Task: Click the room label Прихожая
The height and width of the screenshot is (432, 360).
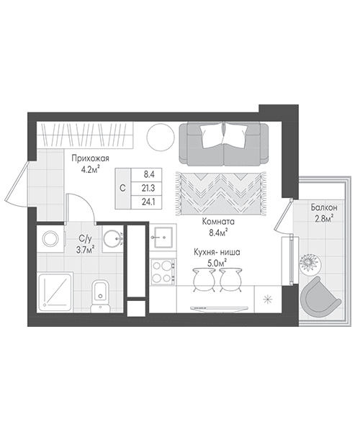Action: [90, 158]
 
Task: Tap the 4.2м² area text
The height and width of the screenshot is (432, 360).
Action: [90, 169]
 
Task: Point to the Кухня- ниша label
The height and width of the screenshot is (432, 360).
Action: [217, 252]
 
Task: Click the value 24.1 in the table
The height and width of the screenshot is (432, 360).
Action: [148, 202]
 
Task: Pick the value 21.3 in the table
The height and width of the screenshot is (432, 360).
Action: [148, 189]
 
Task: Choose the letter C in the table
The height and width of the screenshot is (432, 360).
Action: [123, 189]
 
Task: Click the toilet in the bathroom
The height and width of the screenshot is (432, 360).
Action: [100, 297]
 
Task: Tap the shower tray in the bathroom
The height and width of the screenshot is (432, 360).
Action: [55, 292]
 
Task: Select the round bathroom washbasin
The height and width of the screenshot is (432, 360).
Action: [112, 239]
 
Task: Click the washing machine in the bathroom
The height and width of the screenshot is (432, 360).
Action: [50, 238]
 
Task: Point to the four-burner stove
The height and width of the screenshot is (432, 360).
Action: [163, 272]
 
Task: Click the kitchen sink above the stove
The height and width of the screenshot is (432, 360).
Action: [163, 237]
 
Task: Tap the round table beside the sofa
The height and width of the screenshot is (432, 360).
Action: [161, 137]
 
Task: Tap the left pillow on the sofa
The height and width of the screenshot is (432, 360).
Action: [212, 135]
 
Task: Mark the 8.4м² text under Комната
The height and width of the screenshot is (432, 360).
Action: [218, 233]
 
